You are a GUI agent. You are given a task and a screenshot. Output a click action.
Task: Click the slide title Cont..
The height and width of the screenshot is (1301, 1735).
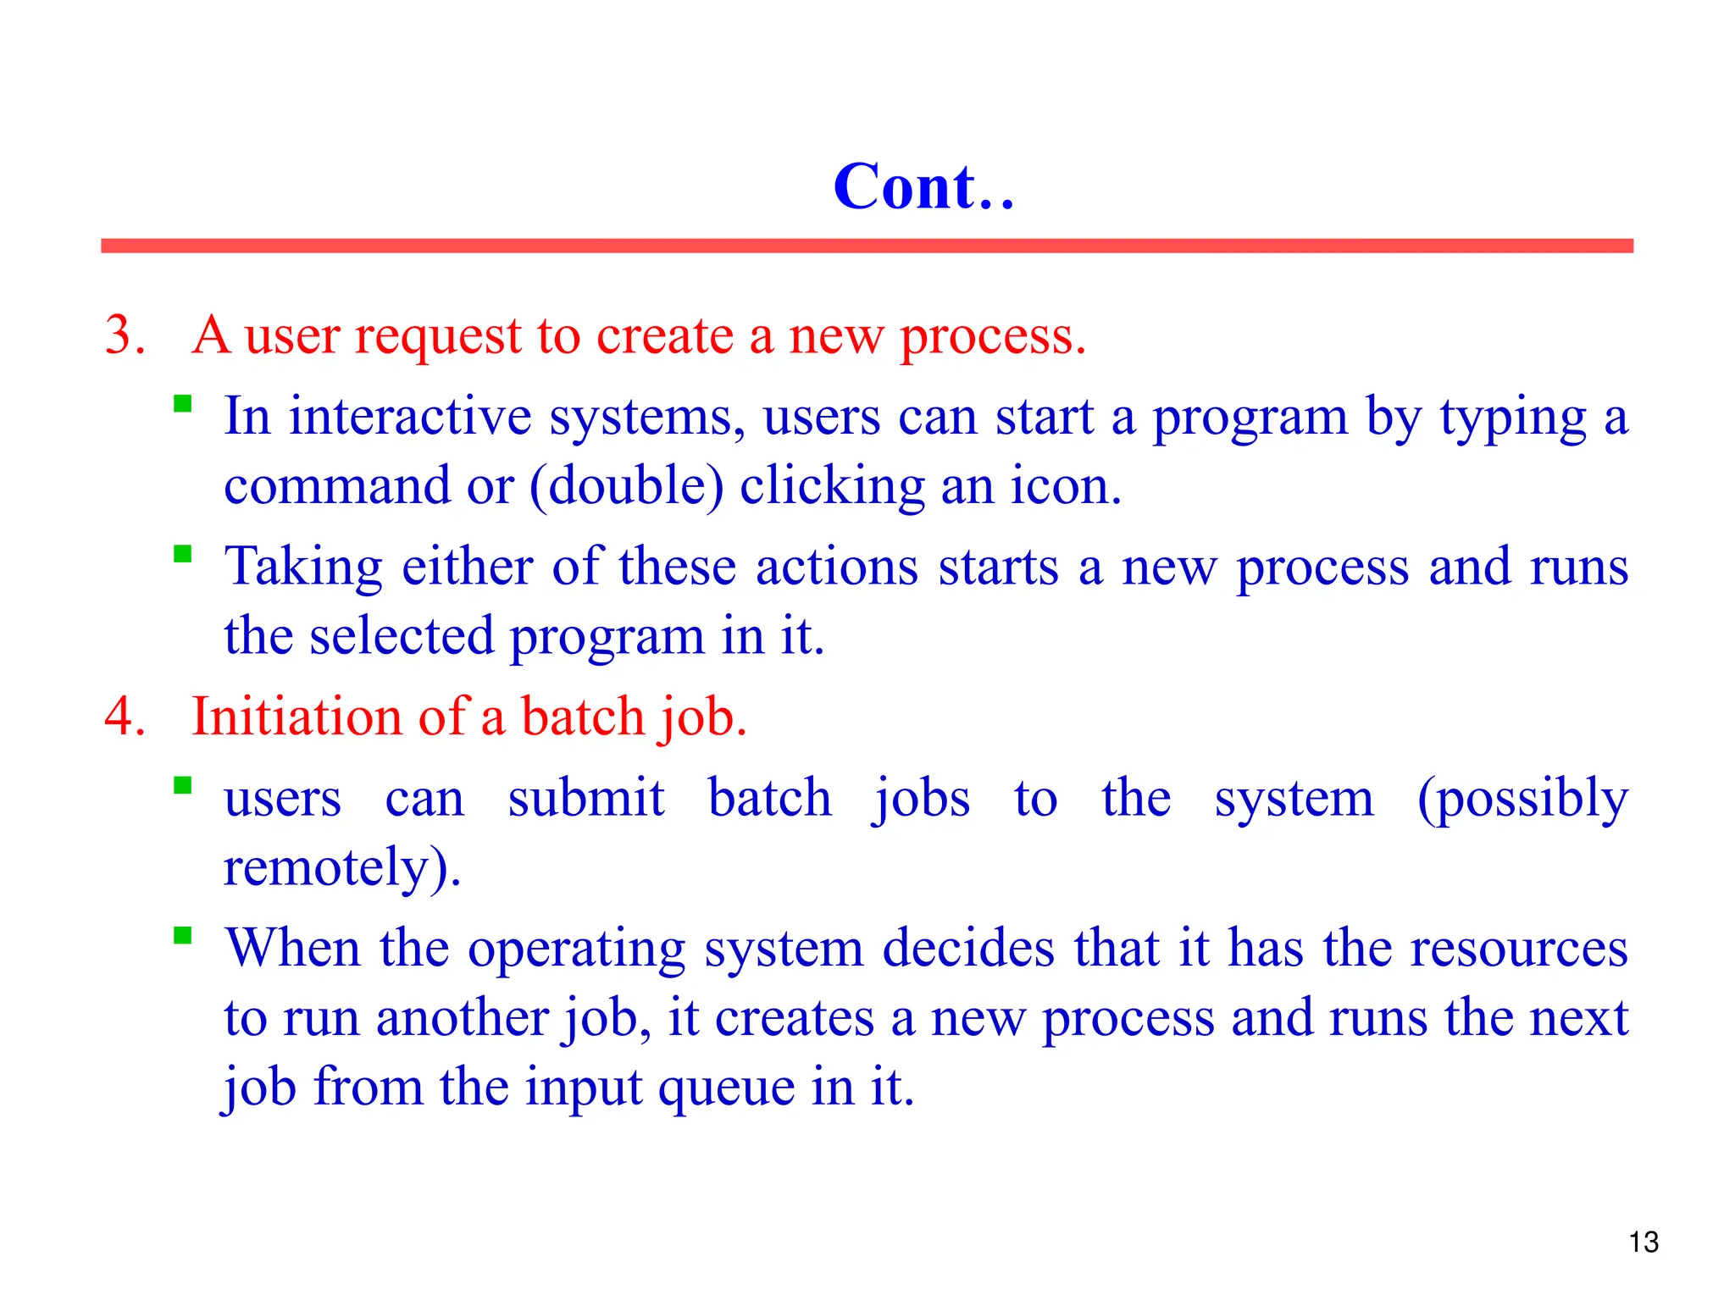pos(923,187)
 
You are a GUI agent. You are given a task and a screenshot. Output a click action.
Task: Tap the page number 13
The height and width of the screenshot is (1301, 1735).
pos(1643,1242)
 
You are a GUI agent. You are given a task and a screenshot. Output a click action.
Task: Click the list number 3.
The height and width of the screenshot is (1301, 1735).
pos(125,335)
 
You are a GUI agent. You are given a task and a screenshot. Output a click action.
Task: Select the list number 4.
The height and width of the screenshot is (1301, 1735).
pos(125,717)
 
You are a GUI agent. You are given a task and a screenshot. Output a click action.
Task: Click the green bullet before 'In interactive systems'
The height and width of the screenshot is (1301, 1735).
pos(182,403)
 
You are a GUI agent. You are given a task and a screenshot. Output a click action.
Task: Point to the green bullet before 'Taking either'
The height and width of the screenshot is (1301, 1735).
pos(182,554)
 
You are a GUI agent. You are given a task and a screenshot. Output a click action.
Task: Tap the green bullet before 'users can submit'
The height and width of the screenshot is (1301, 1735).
pos(182,785)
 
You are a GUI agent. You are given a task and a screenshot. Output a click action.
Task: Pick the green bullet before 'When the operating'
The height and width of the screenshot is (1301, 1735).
pos(182,935)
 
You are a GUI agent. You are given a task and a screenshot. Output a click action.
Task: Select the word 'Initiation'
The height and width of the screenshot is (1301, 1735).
pos(297,717)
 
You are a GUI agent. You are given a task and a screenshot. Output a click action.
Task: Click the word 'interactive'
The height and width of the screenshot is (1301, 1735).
pos(410,417)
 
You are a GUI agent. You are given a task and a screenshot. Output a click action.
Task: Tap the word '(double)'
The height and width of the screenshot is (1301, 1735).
pos(627,486)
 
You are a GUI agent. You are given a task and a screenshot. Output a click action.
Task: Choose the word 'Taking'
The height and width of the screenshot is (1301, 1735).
pos(303,567)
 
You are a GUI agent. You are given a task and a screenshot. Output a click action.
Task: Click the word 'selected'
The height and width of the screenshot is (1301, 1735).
pos(402,636)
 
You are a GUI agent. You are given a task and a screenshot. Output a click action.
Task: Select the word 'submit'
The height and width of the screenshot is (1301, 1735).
pos(586,798)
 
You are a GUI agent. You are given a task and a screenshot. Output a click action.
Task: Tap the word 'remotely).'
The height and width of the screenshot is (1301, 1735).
pos(342,867)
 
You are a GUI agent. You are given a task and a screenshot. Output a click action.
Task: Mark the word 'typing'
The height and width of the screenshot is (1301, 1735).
pos(1513,418)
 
